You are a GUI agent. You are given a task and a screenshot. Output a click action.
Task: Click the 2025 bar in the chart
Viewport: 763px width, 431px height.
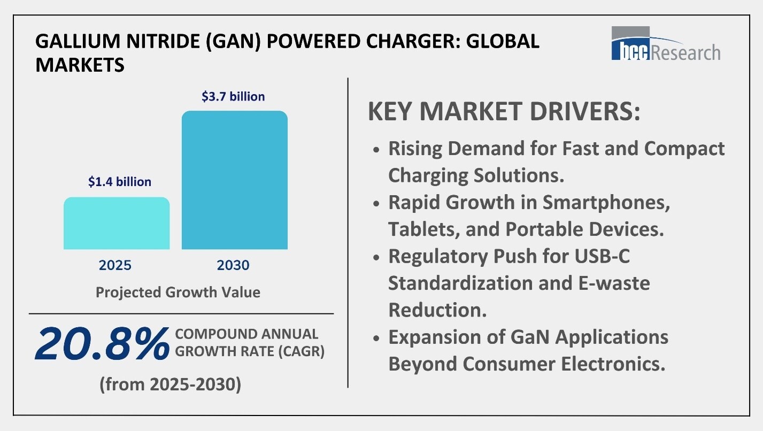click(x=117, y=223)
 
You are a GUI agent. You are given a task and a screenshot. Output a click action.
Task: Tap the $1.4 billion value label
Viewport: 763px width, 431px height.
click(x=120, y=182)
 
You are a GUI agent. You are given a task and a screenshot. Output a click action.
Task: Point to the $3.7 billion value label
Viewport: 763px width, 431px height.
click(x=233, y=97)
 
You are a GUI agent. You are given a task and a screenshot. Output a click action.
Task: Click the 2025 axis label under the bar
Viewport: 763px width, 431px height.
click(x=115, y=265)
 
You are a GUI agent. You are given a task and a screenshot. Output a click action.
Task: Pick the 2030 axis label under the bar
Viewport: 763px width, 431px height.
click(x=234, y=265)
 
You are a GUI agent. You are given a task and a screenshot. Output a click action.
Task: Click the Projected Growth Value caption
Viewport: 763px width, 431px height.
click(x=178, y=293)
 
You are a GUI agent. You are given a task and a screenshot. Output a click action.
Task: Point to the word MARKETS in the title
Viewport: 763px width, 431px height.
click(x=80, y=65)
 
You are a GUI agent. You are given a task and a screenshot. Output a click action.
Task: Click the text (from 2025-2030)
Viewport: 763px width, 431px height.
click(x=170, y=384)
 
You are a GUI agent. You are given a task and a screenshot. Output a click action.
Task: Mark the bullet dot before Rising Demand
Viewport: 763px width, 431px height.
click(x=377, y=149)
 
